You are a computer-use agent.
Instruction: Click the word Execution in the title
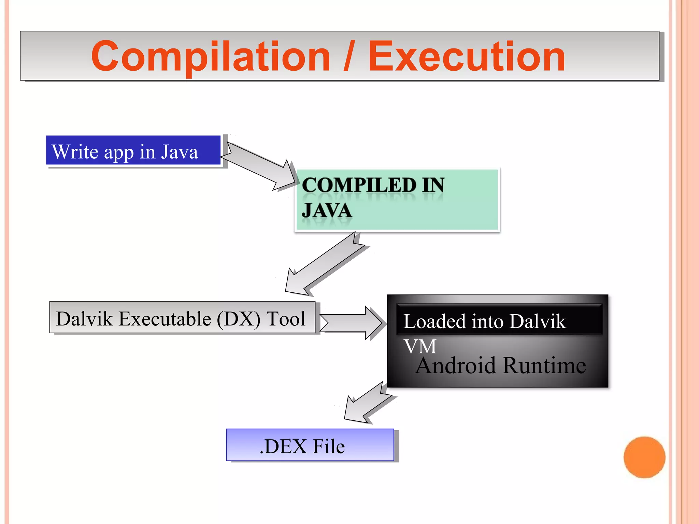467,56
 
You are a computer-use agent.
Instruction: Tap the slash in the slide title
349,56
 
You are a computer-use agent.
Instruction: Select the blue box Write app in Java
133,150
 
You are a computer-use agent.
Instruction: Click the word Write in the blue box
75,151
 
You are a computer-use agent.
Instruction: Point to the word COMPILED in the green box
359,185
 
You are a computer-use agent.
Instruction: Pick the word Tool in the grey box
286,319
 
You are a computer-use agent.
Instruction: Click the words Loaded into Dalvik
484,321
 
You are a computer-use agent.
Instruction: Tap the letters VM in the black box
420,347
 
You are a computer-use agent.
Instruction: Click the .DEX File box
310,445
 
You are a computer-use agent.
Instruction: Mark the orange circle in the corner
644,457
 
